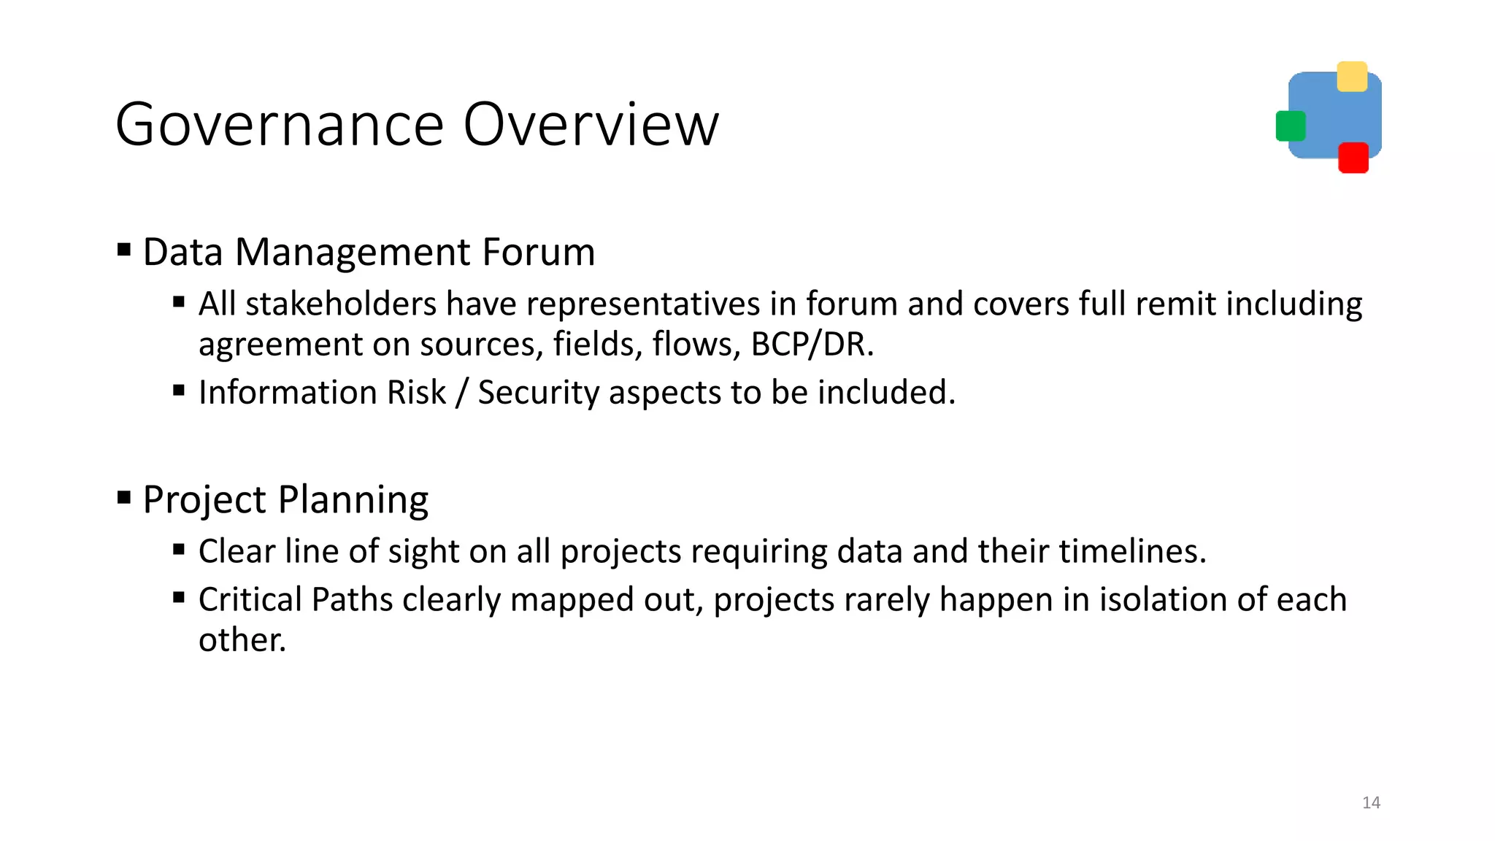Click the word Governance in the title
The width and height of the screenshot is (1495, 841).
pos(280,126)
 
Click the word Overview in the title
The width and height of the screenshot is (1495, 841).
pos(591,126)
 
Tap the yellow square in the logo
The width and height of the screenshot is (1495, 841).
pos(1351,77)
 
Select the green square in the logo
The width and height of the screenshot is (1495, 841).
pos(1290,126)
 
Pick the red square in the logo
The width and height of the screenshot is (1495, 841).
pos(1353,158)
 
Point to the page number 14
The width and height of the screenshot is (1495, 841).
pos(1371,802)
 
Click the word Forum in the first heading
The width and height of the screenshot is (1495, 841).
pos(538,253)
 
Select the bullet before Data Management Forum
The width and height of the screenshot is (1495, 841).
pos(124,251)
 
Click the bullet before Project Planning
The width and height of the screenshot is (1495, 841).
pos(124,499)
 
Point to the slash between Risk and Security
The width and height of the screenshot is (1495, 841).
pos(461,393)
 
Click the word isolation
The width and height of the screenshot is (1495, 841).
pos(1163,599)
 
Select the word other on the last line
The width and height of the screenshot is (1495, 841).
pos(241,640)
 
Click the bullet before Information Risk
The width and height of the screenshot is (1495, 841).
pos(179,391)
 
